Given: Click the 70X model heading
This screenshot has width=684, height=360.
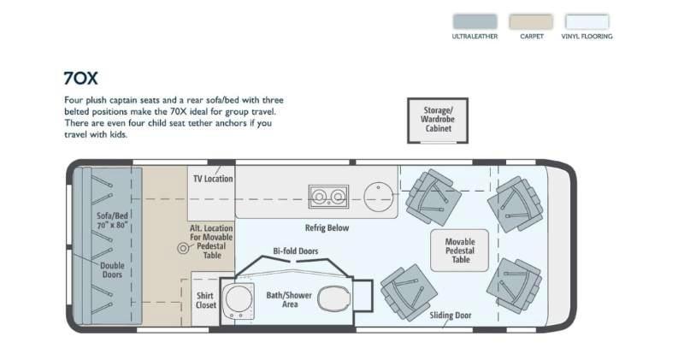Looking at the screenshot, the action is coord(80,79).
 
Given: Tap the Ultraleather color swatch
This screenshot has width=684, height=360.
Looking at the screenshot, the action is coord(475,21).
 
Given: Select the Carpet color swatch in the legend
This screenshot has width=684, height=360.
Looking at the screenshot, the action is coord(531,21).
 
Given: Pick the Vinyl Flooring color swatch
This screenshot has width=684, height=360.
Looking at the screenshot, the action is coord(587,21).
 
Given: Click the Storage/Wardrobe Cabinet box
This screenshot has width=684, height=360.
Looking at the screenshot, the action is coord(438,121).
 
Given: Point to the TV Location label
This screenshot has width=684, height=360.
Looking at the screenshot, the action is coord(213,179).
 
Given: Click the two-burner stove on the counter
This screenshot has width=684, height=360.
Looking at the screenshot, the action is coord(328,197).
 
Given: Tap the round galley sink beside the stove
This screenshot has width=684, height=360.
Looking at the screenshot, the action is coord(379,197).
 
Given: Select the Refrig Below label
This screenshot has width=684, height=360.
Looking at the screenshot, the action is coord(327,227).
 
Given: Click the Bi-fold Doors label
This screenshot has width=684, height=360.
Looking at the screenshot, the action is coord(295,251).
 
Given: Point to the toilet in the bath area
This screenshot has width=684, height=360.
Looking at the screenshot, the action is coord(333,299).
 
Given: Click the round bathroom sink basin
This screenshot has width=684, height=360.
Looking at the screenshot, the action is coord(239,299).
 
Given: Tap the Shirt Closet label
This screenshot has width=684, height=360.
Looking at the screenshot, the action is coord(205,300).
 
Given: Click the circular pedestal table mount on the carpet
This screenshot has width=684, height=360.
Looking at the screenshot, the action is coord(183,249).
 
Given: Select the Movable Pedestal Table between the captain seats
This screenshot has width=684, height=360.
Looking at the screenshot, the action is coord(459,251).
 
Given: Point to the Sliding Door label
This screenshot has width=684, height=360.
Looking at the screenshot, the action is coord(451,315).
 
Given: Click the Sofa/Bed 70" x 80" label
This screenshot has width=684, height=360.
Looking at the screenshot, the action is coord(112,221).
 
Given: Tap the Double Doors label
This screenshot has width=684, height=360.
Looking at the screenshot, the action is coord(112,270).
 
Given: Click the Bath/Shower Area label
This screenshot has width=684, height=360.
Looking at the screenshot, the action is coord(289,300).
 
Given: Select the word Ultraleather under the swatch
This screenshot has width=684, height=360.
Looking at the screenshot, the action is coord(475,36).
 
